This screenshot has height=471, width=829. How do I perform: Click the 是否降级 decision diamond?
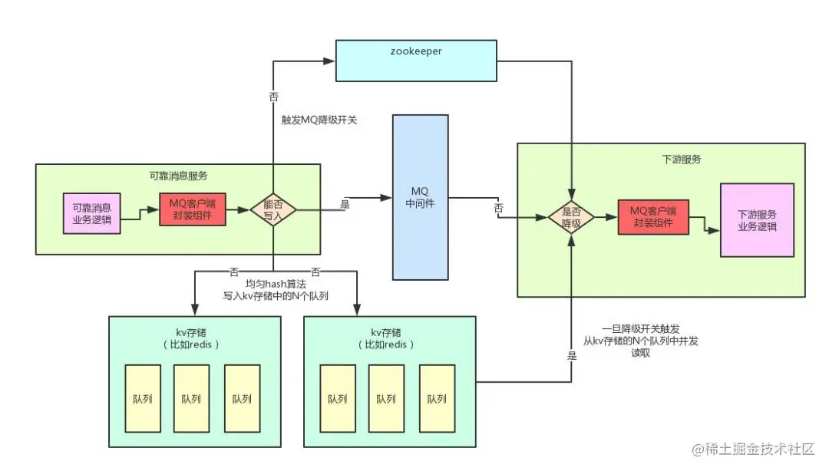click(x=571, y=218)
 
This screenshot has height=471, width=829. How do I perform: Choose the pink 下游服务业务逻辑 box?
click(x=756, y=219)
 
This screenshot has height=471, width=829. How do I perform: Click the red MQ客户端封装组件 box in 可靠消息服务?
click(x=193, y=209)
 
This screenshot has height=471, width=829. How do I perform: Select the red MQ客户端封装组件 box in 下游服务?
click(x=653, y=217)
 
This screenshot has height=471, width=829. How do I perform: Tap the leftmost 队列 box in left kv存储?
click(x=142, y=399)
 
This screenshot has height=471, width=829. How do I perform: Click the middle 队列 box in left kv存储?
click(x=191, y=399)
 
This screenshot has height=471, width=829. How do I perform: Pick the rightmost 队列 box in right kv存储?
click(x=436, y=399)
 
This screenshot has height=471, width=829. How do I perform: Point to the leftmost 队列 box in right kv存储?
click(x=338, y=399)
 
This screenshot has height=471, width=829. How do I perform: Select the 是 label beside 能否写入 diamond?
click(x=345, y=205)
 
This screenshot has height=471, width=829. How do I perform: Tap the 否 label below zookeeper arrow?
click(x=273, y=97)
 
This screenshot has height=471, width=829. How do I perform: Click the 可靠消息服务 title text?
click(x=177, y=176)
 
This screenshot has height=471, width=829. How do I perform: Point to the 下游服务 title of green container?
click(x=681, y=160)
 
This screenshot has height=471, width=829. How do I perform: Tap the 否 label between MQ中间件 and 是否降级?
click(x=499, y=208)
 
